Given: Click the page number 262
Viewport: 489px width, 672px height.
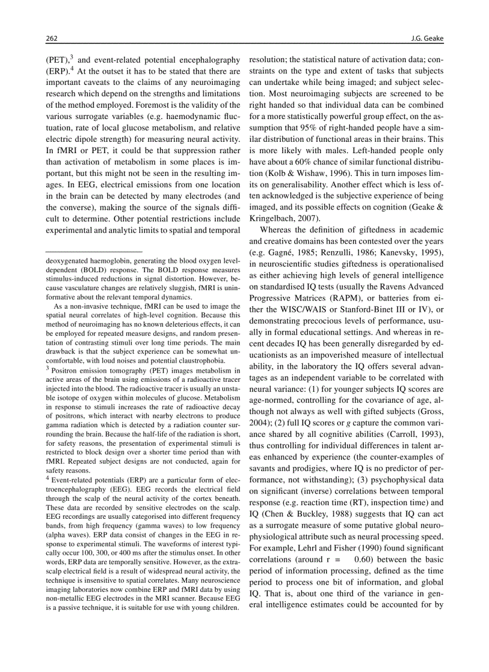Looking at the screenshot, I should click(x=52, y=39).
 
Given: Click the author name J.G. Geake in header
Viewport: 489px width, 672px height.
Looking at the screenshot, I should click(x=426, y=39).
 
